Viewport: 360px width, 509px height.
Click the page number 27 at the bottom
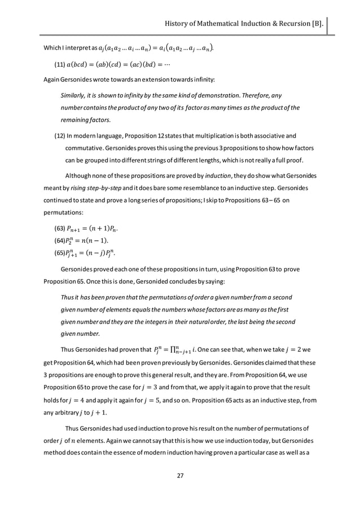click(x=180, y=476)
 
